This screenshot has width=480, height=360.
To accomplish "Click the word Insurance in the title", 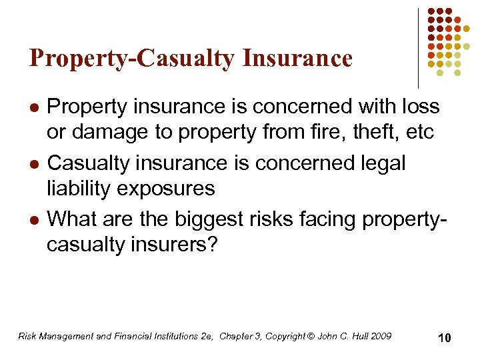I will click(297, 59).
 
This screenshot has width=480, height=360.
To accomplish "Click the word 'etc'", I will click(419, 132).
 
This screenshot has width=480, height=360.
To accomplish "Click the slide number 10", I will click(444, 338).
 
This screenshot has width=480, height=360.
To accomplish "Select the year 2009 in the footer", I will click(381, 336).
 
